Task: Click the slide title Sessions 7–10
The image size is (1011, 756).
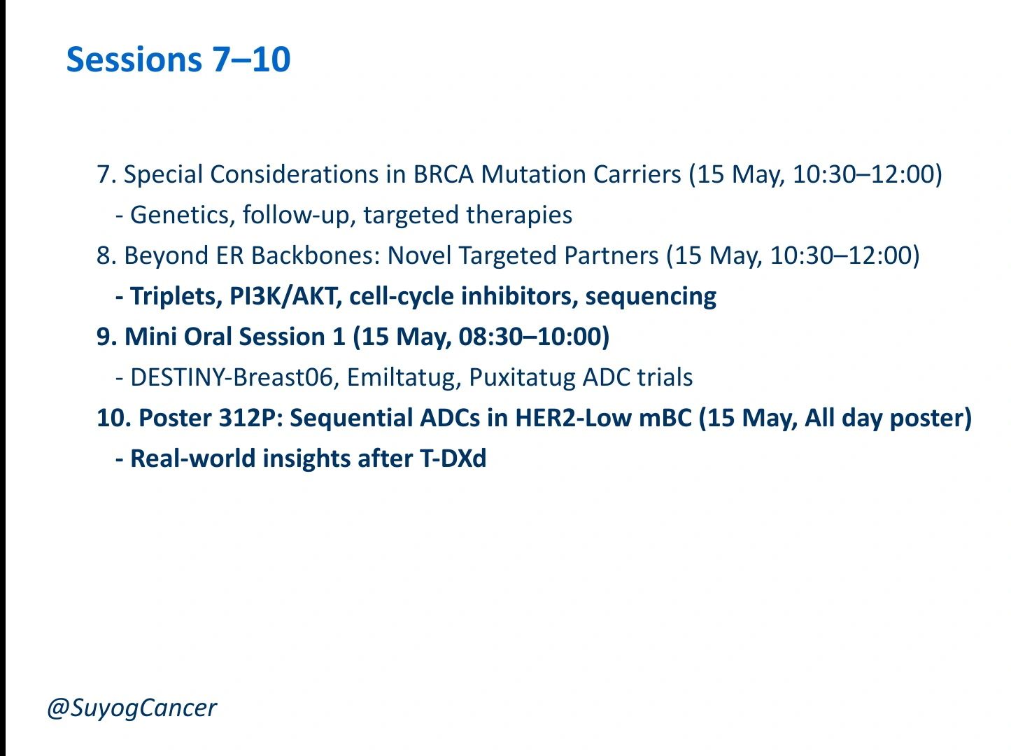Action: pyautogui.click(x=178, y=59)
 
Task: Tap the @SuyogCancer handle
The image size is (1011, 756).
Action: pyautogui.click(x=132, y=708)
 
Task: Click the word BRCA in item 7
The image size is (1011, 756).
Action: pyautogui.click(x=443, y=174)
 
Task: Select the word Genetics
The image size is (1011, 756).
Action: pyautogui.click(x=180, y=215)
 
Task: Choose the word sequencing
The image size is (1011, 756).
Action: pyautogui.click(x=651, y=297)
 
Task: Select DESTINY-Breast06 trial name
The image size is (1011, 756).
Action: pyautogui.click(x=232, y=377)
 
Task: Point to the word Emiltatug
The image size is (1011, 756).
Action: pyautogui.click(x=404, y=378)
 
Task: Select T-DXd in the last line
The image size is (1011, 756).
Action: pyautogui.click(x=453, y=458)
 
